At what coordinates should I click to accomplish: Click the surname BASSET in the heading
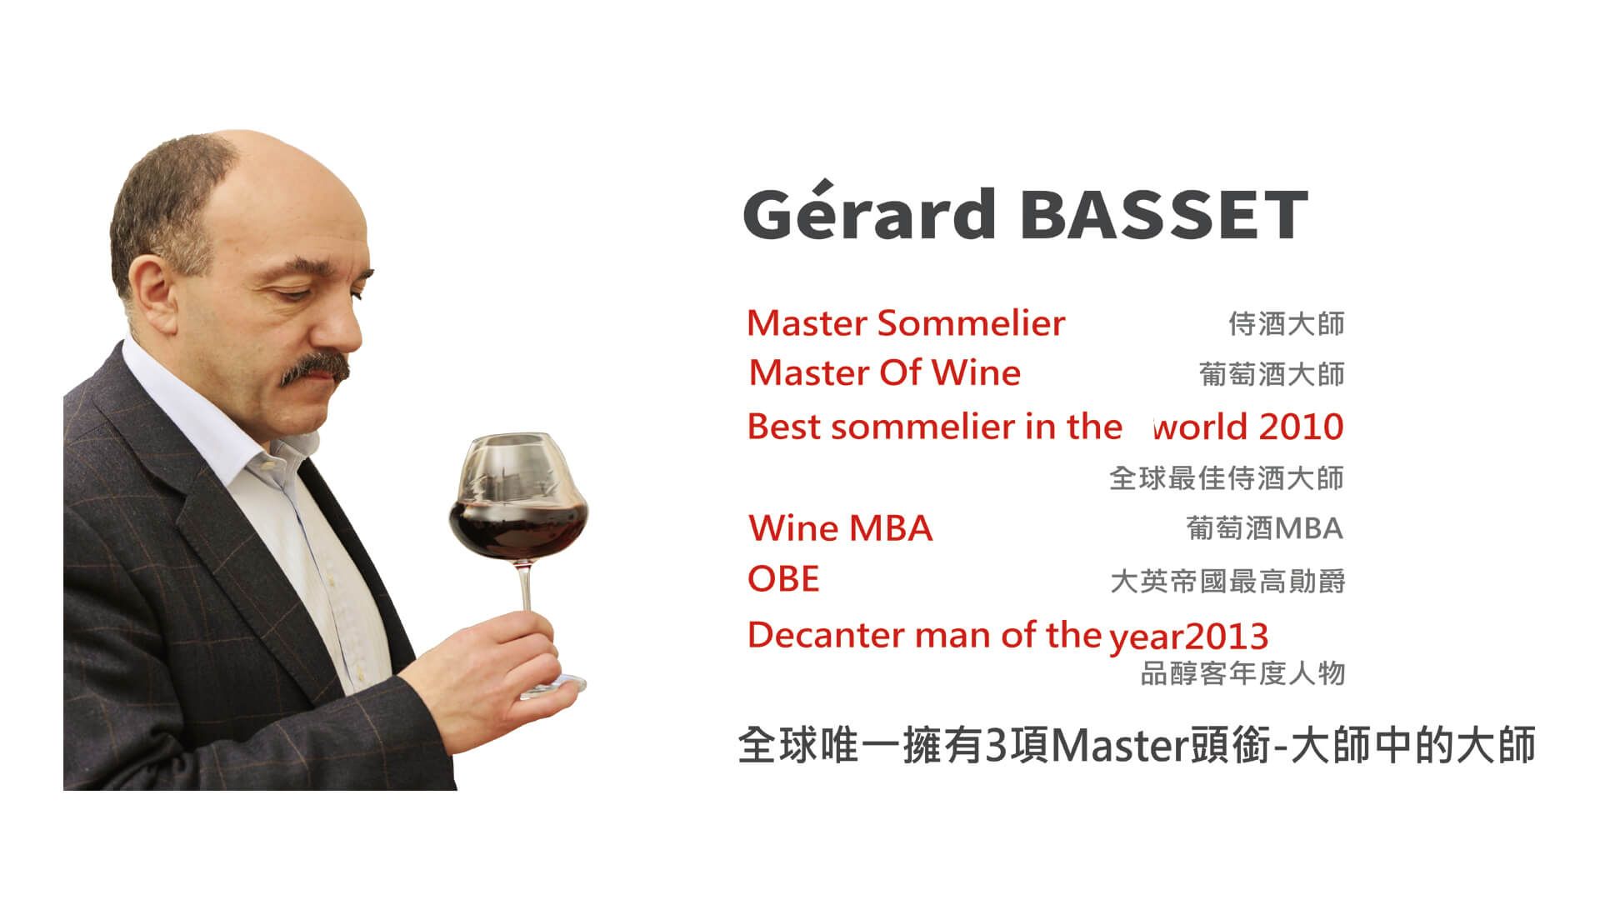(1163, 214)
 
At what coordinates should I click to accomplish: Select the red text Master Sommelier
(906, 323)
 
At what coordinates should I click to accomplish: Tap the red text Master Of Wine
(884, 372)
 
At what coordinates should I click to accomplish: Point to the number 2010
(1302, 427)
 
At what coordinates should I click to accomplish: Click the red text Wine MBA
(841, 528)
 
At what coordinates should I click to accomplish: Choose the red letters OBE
(783, 578)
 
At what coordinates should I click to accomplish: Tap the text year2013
(1188, 637)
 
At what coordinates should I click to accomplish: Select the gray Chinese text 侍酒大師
(1287, 323)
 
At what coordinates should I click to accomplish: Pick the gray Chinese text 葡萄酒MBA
(1264, 528)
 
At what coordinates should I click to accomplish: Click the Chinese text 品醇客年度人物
(1242, 673)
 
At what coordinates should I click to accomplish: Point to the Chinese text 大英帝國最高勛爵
(1227, 581)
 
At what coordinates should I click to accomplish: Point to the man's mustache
(315, 367)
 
